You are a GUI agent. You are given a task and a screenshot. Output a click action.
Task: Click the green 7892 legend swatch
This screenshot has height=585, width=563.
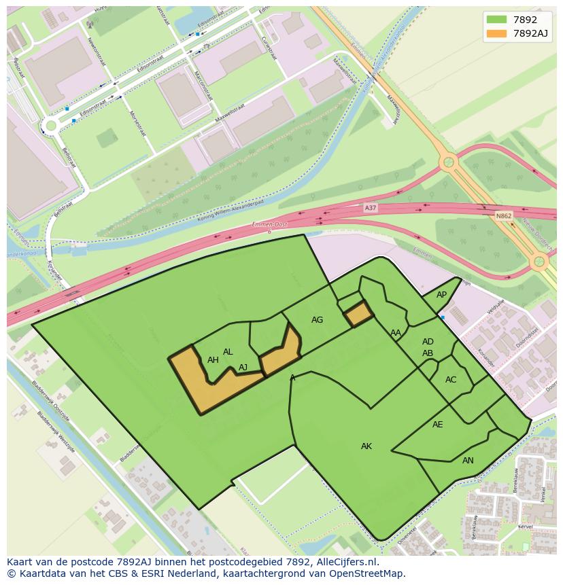[496, 19]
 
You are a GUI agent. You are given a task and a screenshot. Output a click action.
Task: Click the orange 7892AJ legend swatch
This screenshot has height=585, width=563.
[496, 33]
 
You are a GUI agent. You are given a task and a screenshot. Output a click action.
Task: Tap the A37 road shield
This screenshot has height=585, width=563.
[370, 208]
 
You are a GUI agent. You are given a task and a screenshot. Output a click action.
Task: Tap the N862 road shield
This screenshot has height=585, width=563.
[503, 215]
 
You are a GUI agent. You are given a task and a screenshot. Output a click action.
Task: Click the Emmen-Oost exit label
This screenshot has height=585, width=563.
[271, 225]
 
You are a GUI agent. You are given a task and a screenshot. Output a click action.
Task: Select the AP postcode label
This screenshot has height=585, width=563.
[441, 295]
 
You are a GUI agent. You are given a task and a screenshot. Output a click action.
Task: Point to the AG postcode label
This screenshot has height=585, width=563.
[317, 320]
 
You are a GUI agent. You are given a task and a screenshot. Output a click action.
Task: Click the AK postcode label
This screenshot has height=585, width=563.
[366, 446]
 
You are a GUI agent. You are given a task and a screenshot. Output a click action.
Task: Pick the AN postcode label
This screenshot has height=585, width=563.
[468, 461]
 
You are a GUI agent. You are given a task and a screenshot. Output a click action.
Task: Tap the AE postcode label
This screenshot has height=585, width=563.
[437, 425]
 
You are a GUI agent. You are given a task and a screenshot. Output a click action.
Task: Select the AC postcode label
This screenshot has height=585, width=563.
[451, 380]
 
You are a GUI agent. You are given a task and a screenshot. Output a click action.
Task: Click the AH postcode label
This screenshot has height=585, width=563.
[213, 360]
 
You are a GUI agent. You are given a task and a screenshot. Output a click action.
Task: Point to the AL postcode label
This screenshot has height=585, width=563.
[228, 352]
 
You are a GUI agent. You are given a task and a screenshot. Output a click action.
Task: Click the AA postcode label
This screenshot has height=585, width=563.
[395, 333]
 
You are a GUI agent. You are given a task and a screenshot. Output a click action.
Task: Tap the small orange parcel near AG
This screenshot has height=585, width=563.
[358, 315]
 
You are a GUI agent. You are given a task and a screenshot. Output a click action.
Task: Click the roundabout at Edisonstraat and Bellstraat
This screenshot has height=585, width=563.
[50, 125]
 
